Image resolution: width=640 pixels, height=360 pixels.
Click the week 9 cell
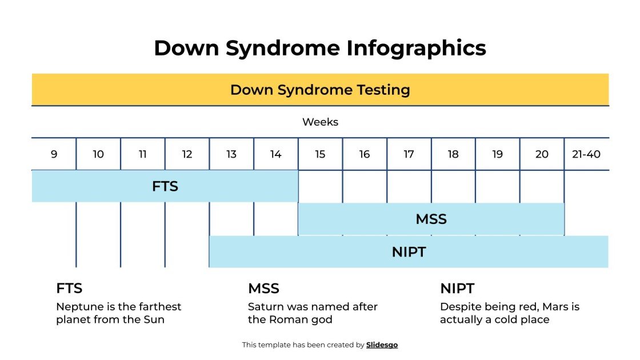[x=54, y=154]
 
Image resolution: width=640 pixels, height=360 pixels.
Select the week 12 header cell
[x=187, y=154]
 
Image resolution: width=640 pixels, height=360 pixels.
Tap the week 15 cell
[x=320, y=154]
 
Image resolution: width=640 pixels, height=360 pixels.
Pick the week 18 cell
[x=453, y=154]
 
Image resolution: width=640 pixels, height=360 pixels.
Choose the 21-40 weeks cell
[x=586, y=154]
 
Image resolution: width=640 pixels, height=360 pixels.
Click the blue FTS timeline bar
[x=165, y=186]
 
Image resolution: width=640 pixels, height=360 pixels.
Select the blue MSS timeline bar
[x=431, y=219]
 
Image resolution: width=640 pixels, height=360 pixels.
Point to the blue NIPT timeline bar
[x=409, y=252]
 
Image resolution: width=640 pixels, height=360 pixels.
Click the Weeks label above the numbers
[x=320, y=122]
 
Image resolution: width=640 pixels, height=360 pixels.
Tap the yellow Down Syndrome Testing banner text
[x=320, y=90]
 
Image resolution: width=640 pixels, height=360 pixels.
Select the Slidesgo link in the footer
[x=382, y=345]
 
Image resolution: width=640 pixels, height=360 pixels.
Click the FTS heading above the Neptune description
[x=69, y=288]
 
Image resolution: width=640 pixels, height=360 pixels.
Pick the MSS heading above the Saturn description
[x=263, y=288]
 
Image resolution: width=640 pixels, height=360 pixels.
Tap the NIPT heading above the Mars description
[x=457, y=288]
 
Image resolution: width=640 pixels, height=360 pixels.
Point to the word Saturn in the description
[x=266, y=307]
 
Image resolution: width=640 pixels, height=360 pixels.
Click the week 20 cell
[x=542, y=154]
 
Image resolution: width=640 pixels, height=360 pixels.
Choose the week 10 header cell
[x=98, y=154]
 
